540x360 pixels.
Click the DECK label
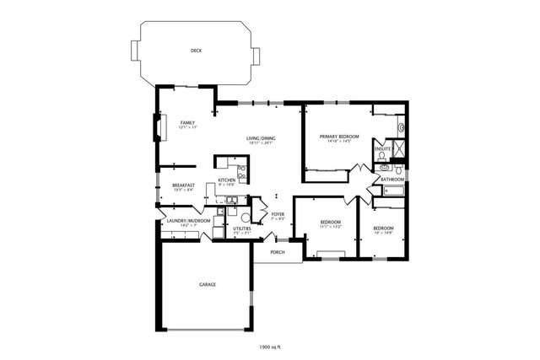pyautogui.click(x=196, y=51)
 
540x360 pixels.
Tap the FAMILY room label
pyautogui.click(x=187, y=122)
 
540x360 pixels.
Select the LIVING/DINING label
pyautogui.click(x=262, y=137)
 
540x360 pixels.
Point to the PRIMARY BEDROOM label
pyautogui.click(x=337, y=136)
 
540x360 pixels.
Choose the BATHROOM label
pyautogui.click(x=392, y=179)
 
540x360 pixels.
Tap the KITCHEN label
pyautogui.click(x=227, y=180)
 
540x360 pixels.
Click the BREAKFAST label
pyautogui.click(x=184, y=185)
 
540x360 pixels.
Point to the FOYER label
pyautogui.click(x=278, y=213)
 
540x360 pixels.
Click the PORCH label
pyautogui.click(x=277, y=252)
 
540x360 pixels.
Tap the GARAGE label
pyautogui.click(x=207, y=284)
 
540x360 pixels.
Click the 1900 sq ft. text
pyautogui.click(x=270, y=347)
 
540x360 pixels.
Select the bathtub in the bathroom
pyautogui.click(x=393, y=191)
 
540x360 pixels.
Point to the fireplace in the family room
pyautogui.click(x=154, y=127)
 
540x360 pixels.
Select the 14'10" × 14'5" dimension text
pyautogui.click(x=337, y=142)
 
